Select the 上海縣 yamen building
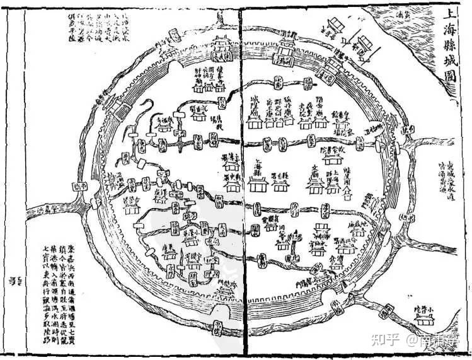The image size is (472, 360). [x=258, y=183]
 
